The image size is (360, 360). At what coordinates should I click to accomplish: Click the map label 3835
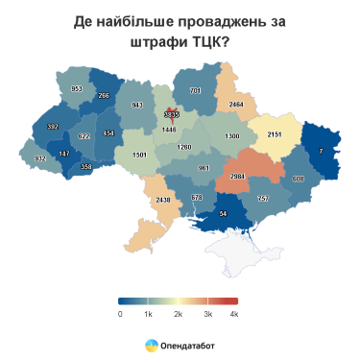tap(172, 113)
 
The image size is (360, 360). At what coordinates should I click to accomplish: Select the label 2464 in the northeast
tap(236, 103)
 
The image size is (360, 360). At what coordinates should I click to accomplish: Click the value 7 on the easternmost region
tap(321, 153)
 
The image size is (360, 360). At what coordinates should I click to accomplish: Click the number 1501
tap(139, 155)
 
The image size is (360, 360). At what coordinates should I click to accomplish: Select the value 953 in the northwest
tap(78, 88)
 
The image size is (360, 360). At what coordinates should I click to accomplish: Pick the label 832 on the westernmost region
tap(38, 158)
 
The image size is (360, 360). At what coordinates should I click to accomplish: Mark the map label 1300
tap(231, 136)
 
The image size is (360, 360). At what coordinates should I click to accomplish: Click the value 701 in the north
tap(196, 90)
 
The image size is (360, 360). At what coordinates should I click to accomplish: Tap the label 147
tap(64, 154)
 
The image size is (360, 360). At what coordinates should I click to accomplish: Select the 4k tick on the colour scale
tap(233, 314)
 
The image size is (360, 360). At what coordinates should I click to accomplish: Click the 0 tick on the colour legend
tap(120, 314)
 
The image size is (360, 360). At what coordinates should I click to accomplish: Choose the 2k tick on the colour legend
tap(178, 314)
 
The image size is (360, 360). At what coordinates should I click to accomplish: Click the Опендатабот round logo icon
tap(151, 343)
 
